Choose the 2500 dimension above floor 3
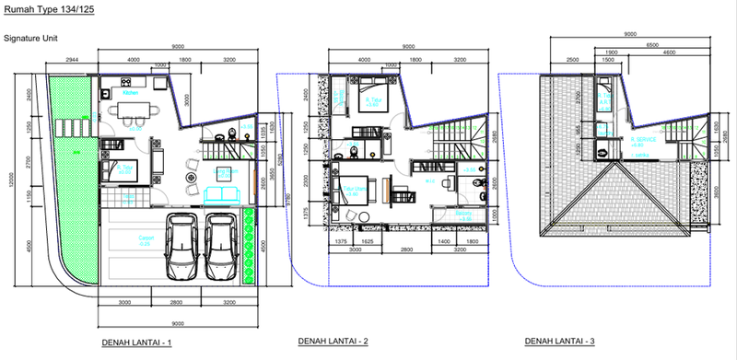(x=572, y=58)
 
